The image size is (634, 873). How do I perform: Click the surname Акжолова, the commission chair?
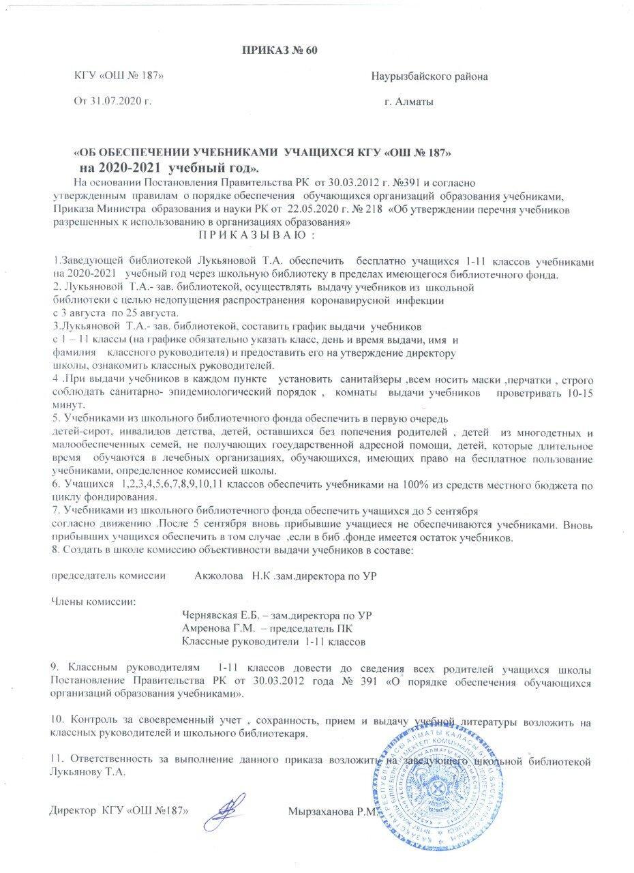[218, 576]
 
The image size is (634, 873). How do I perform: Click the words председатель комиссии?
[110, 576]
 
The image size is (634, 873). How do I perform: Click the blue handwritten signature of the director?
[230, 810]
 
